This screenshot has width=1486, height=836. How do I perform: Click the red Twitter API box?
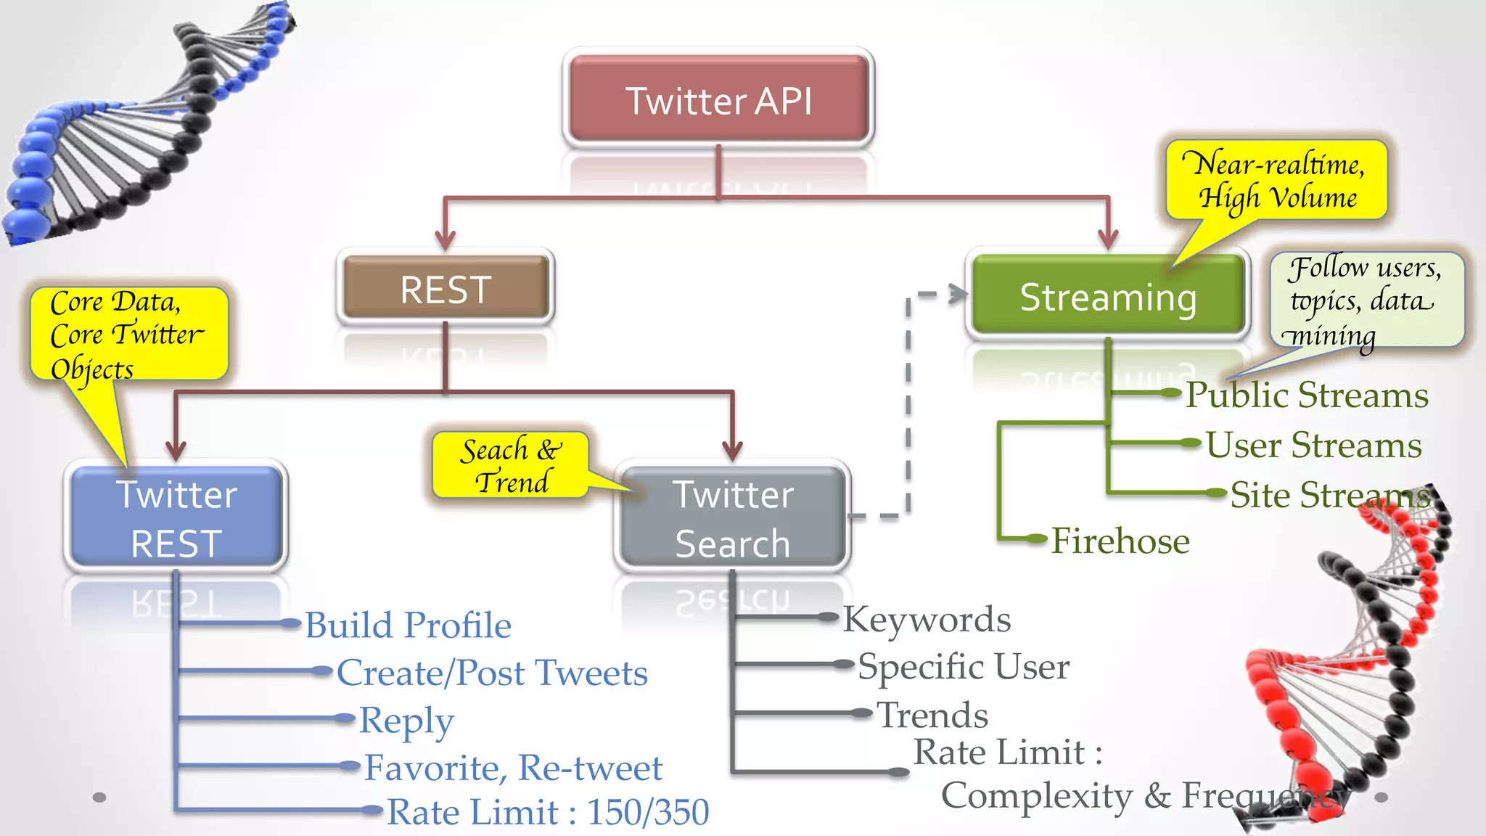[718, 99]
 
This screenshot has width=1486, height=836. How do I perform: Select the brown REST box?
[446, 289]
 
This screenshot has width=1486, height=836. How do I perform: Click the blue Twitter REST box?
[176, 518]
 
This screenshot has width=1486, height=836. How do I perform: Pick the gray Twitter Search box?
[733, 518]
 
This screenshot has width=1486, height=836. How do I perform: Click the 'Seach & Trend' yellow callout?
[510, 465]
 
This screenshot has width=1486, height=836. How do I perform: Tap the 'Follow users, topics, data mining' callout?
[1366, 300]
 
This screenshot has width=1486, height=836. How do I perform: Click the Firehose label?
[1120, 541]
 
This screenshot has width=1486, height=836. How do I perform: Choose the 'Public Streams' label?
[1306, 396]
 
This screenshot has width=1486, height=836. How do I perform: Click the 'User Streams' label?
[1313, 445]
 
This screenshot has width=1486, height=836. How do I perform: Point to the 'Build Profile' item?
[408, 625]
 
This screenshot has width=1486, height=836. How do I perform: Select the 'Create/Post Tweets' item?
[492, 672]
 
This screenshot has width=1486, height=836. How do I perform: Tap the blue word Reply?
[406, 721]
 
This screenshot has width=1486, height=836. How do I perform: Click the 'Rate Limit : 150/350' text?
[548, 811]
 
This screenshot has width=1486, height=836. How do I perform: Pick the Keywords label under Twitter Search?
[927, 619]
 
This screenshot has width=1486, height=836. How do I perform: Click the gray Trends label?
[932, 715]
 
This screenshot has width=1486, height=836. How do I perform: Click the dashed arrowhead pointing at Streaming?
[958, 294]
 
